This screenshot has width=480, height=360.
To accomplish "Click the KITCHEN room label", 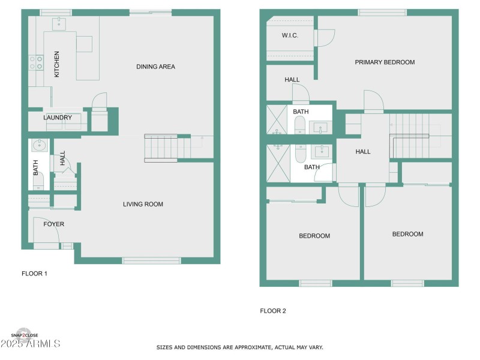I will tap(57, 64).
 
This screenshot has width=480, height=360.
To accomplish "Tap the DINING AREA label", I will tap(155, 67).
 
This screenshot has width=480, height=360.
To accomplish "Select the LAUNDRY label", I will tap(58, 118).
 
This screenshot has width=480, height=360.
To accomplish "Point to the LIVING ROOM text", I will tap(143, 204).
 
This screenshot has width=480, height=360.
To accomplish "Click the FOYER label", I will tap(53, 224).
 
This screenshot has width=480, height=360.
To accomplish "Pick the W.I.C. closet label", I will tap(290, 35).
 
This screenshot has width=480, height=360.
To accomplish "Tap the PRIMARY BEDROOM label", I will tap(385, 62).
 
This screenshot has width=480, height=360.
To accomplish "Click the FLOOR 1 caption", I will tap(34, 273).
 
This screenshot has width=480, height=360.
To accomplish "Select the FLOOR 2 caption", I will tap(273, 311).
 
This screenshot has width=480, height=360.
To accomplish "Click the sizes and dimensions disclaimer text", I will tap(240, 347).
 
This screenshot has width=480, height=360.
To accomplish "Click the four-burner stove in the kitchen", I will tap(36, 62).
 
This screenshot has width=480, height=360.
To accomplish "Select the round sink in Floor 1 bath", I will tap(39, 145).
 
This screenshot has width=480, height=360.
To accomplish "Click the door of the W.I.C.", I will tap(325, 38).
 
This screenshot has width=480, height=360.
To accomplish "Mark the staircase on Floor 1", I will tap(162, 148).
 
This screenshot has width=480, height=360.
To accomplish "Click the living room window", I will tap(151, 260).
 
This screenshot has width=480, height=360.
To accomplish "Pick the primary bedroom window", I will tap(382, 12).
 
